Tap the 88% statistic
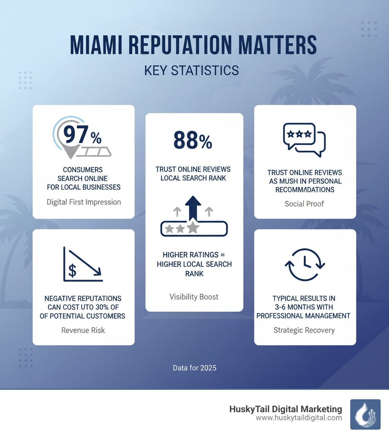193,140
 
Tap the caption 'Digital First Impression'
84,202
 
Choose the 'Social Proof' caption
304,204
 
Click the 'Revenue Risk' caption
83,330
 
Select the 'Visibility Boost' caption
194,297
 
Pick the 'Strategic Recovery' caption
304,330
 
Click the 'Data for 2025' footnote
194,368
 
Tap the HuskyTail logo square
365,414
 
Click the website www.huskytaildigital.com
299,418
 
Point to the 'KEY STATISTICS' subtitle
191,71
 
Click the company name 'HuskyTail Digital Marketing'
286,409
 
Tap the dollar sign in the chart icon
72,271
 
